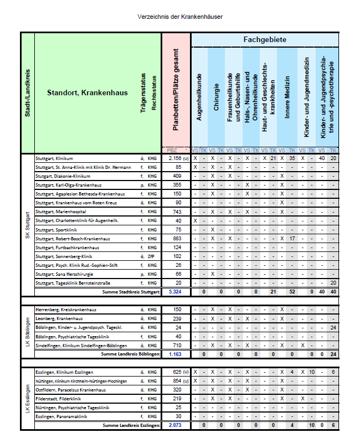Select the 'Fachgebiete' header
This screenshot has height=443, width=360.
coord(265,40)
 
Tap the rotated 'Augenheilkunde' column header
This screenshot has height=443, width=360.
coord(200,97)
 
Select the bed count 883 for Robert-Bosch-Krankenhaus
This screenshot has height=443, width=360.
coord(177,238)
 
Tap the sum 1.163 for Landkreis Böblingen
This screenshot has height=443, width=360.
coord(176,354)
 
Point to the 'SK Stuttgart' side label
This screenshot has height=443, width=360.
coord(28,224)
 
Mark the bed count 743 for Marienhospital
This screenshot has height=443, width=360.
coord(177,212)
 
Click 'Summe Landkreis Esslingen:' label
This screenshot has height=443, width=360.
coord(131,425)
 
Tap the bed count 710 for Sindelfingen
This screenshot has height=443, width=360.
coord(177,345)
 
